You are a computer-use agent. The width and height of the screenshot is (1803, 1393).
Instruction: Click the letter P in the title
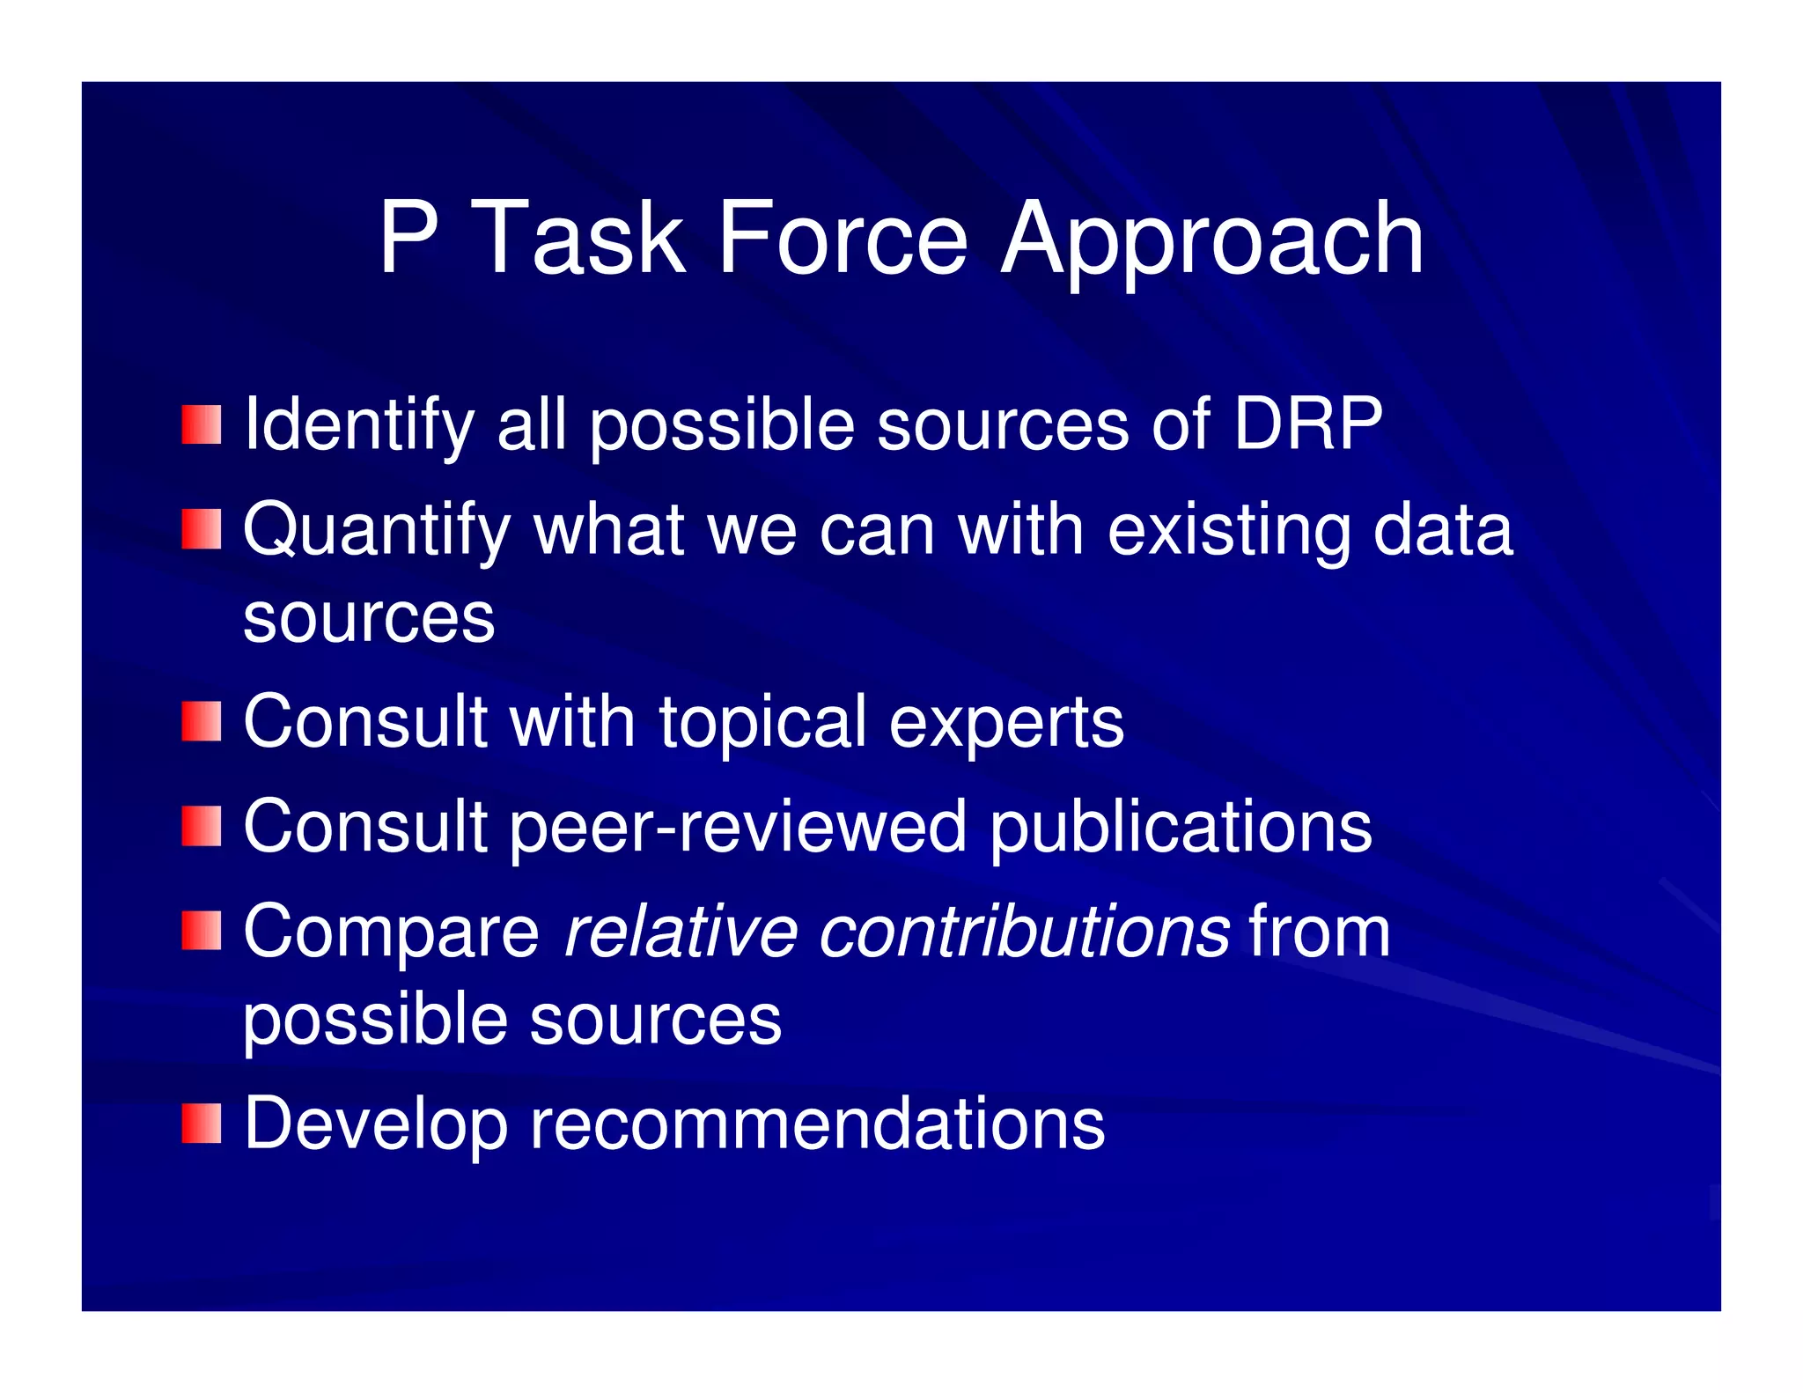tap(408, 238)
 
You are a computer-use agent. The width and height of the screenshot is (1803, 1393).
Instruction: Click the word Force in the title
tap(843, 238)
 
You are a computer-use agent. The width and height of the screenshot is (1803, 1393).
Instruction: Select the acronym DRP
tap(1307, 424)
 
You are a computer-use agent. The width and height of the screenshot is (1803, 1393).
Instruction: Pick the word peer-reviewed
tap(739, 828)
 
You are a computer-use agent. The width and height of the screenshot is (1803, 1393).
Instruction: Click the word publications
tap(1181, 828)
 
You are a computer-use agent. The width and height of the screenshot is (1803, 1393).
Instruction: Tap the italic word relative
tap(680, 932)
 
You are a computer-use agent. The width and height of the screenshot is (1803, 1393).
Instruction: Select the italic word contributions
tap(1024, 932)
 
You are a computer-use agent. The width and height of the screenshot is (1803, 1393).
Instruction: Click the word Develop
tap(376, 1125)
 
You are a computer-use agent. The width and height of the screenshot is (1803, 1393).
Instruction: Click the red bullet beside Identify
tap(202, 425)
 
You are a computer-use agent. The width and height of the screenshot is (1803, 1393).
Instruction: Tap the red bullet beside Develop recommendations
tap(202, 1124)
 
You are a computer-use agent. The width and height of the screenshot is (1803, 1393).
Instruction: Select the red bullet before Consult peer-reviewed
tap(202, 826)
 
